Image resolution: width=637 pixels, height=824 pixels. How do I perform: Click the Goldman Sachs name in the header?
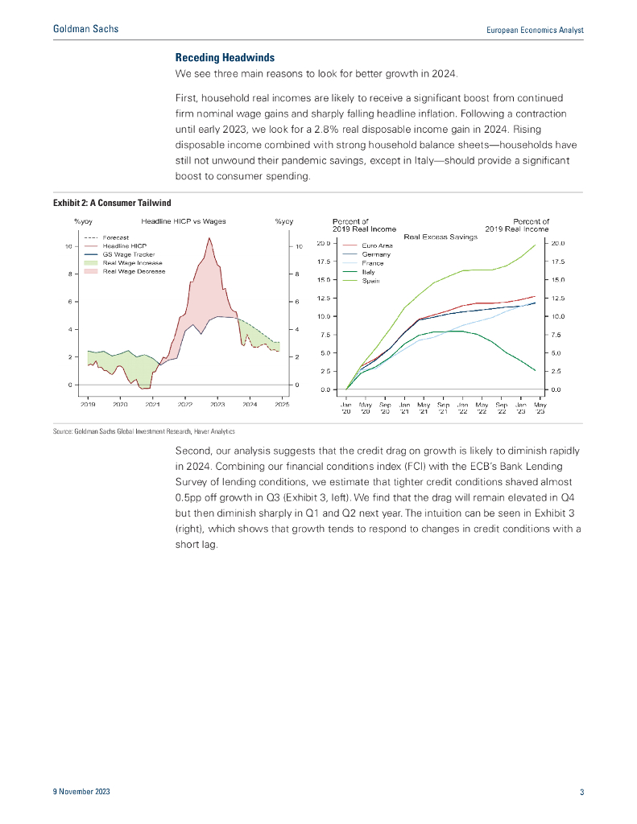point(85,30)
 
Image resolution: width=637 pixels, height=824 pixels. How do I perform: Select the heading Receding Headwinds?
point(225,58)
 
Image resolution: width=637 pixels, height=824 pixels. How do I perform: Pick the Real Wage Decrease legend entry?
point(133,271)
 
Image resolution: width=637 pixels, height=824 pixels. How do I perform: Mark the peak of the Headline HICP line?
point(209,238)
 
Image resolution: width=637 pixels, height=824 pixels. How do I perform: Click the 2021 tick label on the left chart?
point(153,405)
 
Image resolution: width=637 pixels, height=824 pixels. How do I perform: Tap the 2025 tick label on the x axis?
point(282,405)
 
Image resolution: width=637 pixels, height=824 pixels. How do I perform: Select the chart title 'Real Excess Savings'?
point(441,237)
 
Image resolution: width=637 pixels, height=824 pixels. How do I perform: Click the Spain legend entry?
point(371,281)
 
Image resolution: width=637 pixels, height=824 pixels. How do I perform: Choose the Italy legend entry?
point(369,272)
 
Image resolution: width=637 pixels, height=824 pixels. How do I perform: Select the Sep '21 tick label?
point(443,408)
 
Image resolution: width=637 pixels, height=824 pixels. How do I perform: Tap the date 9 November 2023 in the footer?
point(77,793)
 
